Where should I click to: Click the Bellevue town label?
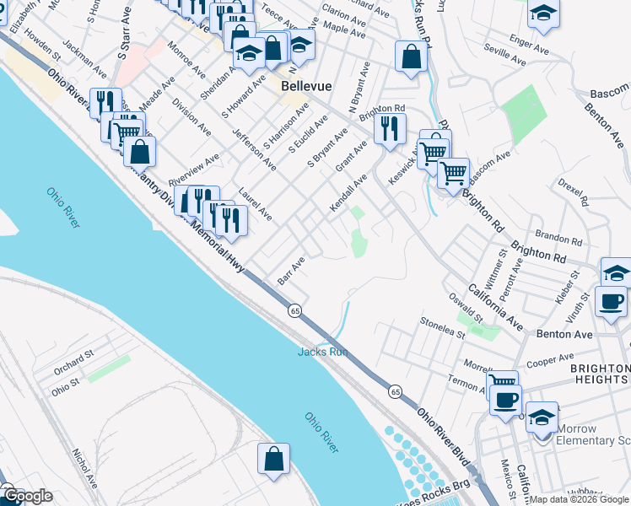pyautogui.click(x=305, y=86)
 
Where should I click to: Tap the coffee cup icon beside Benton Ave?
pyautogui.click(x=611, y=302)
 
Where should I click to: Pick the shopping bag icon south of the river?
pyautogui.click(x=273, y=460)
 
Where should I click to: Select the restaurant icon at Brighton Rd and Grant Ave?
pyautogui.click(x=389, y=129)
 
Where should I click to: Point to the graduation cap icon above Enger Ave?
pyautogui.click(x=544, y=14)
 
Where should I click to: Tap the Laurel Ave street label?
pyautogui.click(x=255, y=203)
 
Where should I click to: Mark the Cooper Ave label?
pyautogui.click(x=550, y=360)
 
